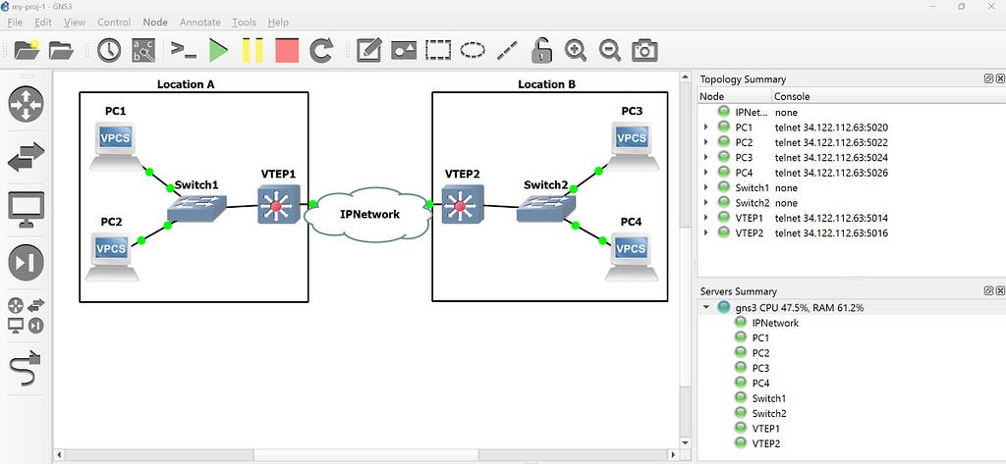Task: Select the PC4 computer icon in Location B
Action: (x=632, y=256)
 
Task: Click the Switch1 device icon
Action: (x=196, y=208)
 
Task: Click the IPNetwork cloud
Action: (x=368, y=214)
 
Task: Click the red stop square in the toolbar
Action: (x=287, y=50)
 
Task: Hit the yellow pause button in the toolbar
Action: (x=252, y=50)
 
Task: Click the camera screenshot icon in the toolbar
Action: (x=644, y=50)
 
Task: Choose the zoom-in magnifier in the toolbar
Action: (x=576, y=50)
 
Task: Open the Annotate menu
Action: (x=199, y=23)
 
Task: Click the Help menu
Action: (x=278, y=23)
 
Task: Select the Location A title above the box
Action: (x=186, y=84)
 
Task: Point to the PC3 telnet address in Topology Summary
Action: (x=831, y=158)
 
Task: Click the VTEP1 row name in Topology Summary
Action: (x=749, y=219)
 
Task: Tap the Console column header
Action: (x=792, y=97)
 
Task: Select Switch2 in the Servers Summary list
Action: (x=769, y=413)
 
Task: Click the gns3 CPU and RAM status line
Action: (x=800, y=308)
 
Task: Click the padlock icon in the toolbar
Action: (x=541, y=50)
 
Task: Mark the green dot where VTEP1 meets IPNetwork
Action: (x=312, y=204)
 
